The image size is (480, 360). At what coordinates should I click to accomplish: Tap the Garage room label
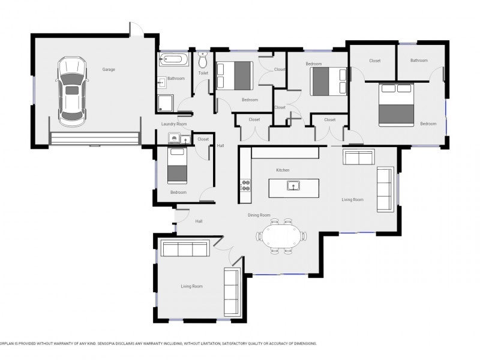109,70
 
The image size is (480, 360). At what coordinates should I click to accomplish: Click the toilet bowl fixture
203,61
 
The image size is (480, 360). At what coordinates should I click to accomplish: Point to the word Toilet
203,73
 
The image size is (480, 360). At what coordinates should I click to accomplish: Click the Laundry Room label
174,124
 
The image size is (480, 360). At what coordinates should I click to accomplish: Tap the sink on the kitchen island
293,185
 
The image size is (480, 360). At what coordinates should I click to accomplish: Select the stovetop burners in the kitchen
245,185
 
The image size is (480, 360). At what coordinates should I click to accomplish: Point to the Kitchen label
283,170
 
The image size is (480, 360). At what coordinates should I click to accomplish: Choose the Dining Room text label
259,215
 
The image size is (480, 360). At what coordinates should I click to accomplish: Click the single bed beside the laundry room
177,166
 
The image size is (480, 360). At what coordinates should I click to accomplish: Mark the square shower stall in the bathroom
166,103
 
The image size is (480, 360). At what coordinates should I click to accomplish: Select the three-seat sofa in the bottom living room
184,249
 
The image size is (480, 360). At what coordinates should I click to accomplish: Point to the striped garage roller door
94,139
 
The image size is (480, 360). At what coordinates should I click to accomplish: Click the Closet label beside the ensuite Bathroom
375,61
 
